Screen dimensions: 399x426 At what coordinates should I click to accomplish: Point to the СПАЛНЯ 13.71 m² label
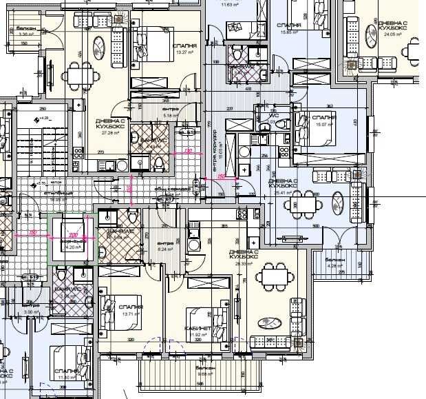pyautogui.click(x=130, y=309)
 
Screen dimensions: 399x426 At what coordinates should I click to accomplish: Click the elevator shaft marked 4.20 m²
pyautogui.click(x=72, y=238)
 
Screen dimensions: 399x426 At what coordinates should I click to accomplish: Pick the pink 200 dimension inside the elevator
pyautogui.click(x=74, y=234)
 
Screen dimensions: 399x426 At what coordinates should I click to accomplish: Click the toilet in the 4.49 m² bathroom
pyautogui.click(x=158, y=163)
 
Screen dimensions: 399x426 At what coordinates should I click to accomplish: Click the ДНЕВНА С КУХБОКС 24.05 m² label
pyautogui.click(x=394, y=27)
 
